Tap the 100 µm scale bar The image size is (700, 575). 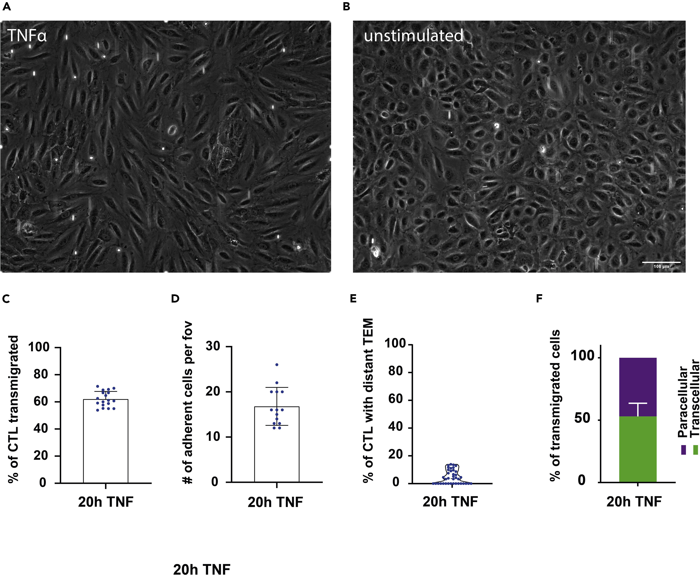point(661,262)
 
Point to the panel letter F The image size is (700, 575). point(539,299)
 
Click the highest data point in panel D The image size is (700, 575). point(277,365)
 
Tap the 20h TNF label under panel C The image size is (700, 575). point(106,502)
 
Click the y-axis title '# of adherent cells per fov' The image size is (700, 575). point(188,402)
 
